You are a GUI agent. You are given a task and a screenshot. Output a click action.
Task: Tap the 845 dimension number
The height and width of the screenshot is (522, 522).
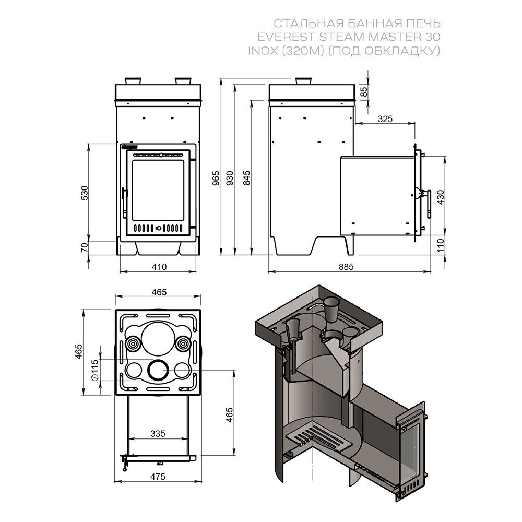[246, 179]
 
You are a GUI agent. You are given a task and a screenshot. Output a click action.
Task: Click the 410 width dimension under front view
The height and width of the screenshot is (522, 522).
[158, 267]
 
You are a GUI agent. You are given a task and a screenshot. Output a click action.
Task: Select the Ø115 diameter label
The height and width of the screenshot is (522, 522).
[94, 370]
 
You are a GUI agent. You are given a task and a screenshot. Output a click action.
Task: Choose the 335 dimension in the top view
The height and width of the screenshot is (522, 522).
[157, 433]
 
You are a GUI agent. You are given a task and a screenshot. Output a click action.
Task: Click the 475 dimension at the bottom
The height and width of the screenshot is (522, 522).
[157, 476]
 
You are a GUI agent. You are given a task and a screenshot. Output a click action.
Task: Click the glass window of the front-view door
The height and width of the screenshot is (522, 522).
[158, 190]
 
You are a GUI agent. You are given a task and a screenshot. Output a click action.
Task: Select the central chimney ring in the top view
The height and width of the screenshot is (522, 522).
[157, 370]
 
